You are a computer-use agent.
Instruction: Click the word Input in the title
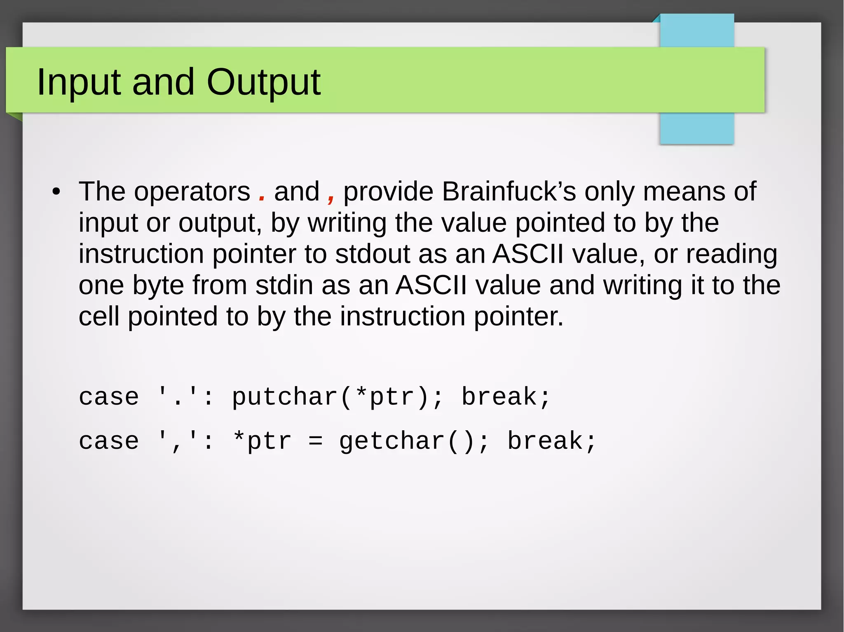(x=79, y=82)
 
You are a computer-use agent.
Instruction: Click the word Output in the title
(x=263, y=82)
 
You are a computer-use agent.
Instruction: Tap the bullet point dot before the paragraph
(x=56, y=192)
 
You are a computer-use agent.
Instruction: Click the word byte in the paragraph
(x=158, y=285)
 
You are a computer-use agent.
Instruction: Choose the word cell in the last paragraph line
(x=98, y=317)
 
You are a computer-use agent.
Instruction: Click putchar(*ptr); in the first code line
(x=337, y=397)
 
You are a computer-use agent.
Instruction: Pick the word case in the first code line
(x=109, y=397)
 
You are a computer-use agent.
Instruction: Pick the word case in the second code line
(x=109, y=441)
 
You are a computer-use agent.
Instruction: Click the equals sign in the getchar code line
(x=315, y=441)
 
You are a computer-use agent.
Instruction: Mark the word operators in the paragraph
(x=192, y=192)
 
